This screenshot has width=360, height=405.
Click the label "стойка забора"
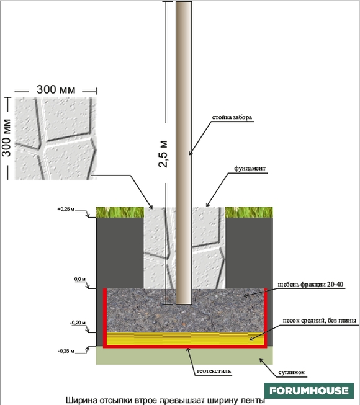click(232, 117)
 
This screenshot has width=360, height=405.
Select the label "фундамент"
click(250, 169)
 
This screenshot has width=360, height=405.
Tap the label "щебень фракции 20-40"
click(310, 285)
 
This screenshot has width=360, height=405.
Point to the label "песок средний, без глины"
click(320, 321)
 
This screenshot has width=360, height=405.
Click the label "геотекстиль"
click(214, 371)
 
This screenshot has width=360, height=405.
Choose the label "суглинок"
click(291, 372)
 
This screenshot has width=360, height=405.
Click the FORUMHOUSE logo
click(309, 391)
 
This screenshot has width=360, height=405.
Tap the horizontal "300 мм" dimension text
click(56, 90)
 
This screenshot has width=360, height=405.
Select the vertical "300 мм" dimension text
click(6, 138)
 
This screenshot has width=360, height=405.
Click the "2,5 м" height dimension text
click(163, 154)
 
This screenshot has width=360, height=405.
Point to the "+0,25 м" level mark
click(66, 209)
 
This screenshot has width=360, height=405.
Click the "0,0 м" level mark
click(80, 279)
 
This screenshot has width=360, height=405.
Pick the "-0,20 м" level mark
click(78, 323)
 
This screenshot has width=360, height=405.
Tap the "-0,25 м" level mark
click(66, 351)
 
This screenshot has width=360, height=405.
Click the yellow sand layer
click(185, 339)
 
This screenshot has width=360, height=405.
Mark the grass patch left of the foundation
click(120, 212)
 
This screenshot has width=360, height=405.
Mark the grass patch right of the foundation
click(249, 212)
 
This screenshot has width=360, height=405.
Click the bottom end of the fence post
click(184, 304)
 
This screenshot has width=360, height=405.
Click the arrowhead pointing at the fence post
click(191, 153)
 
